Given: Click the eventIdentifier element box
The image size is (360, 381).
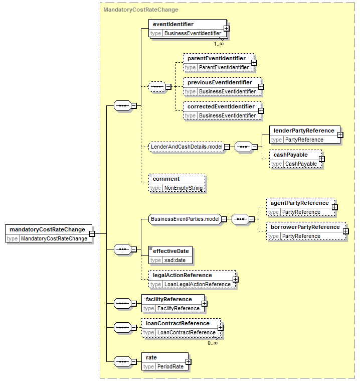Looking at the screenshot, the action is coord(188,29).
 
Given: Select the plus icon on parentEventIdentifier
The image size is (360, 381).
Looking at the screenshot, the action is coord(254,63).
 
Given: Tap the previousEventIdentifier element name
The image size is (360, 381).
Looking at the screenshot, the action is coord(220,83).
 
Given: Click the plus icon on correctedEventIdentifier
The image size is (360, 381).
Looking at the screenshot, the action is coord(261,111).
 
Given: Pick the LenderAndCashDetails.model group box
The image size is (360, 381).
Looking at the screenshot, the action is coord(187,147).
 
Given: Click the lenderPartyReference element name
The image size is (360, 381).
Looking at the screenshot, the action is coord(304,131).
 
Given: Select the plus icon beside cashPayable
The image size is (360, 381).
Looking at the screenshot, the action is coord(322,159).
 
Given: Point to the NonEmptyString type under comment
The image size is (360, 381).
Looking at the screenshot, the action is coord(184,188).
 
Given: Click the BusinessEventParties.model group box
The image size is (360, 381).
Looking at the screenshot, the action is coord(185,219).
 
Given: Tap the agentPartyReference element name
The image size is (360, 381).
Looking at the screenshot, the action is coord(299,203).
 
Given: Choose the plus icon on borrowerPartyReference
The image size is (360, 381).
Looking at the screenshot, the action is coord(345,231).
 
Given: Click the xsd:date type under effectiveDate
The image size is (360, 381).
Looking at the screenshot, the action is coord(175,260).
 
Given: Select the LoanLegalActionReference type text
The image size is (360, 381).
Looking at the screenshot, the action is coord(198,284).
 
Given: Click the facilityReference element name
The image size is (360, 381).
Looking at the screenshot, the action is coord(168,299).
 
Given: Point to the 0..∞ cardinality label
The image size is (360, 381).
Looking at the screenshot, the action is coord(213,343).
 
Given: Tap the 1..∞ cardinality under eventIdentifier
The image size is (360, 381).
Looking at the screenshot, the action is coord(219,44).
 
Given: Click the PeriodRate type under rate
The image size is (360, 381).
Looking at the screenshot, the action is coord(170,366).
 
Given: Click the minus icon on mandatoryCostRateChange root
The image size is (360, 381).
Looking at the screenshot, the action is coord(92,234).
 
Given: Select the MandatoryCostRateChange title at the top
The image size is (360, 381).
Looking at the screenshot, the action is coord(141,10).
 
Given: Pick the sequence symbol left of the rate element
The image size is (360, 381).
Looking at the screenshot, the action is coord(122,361).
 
